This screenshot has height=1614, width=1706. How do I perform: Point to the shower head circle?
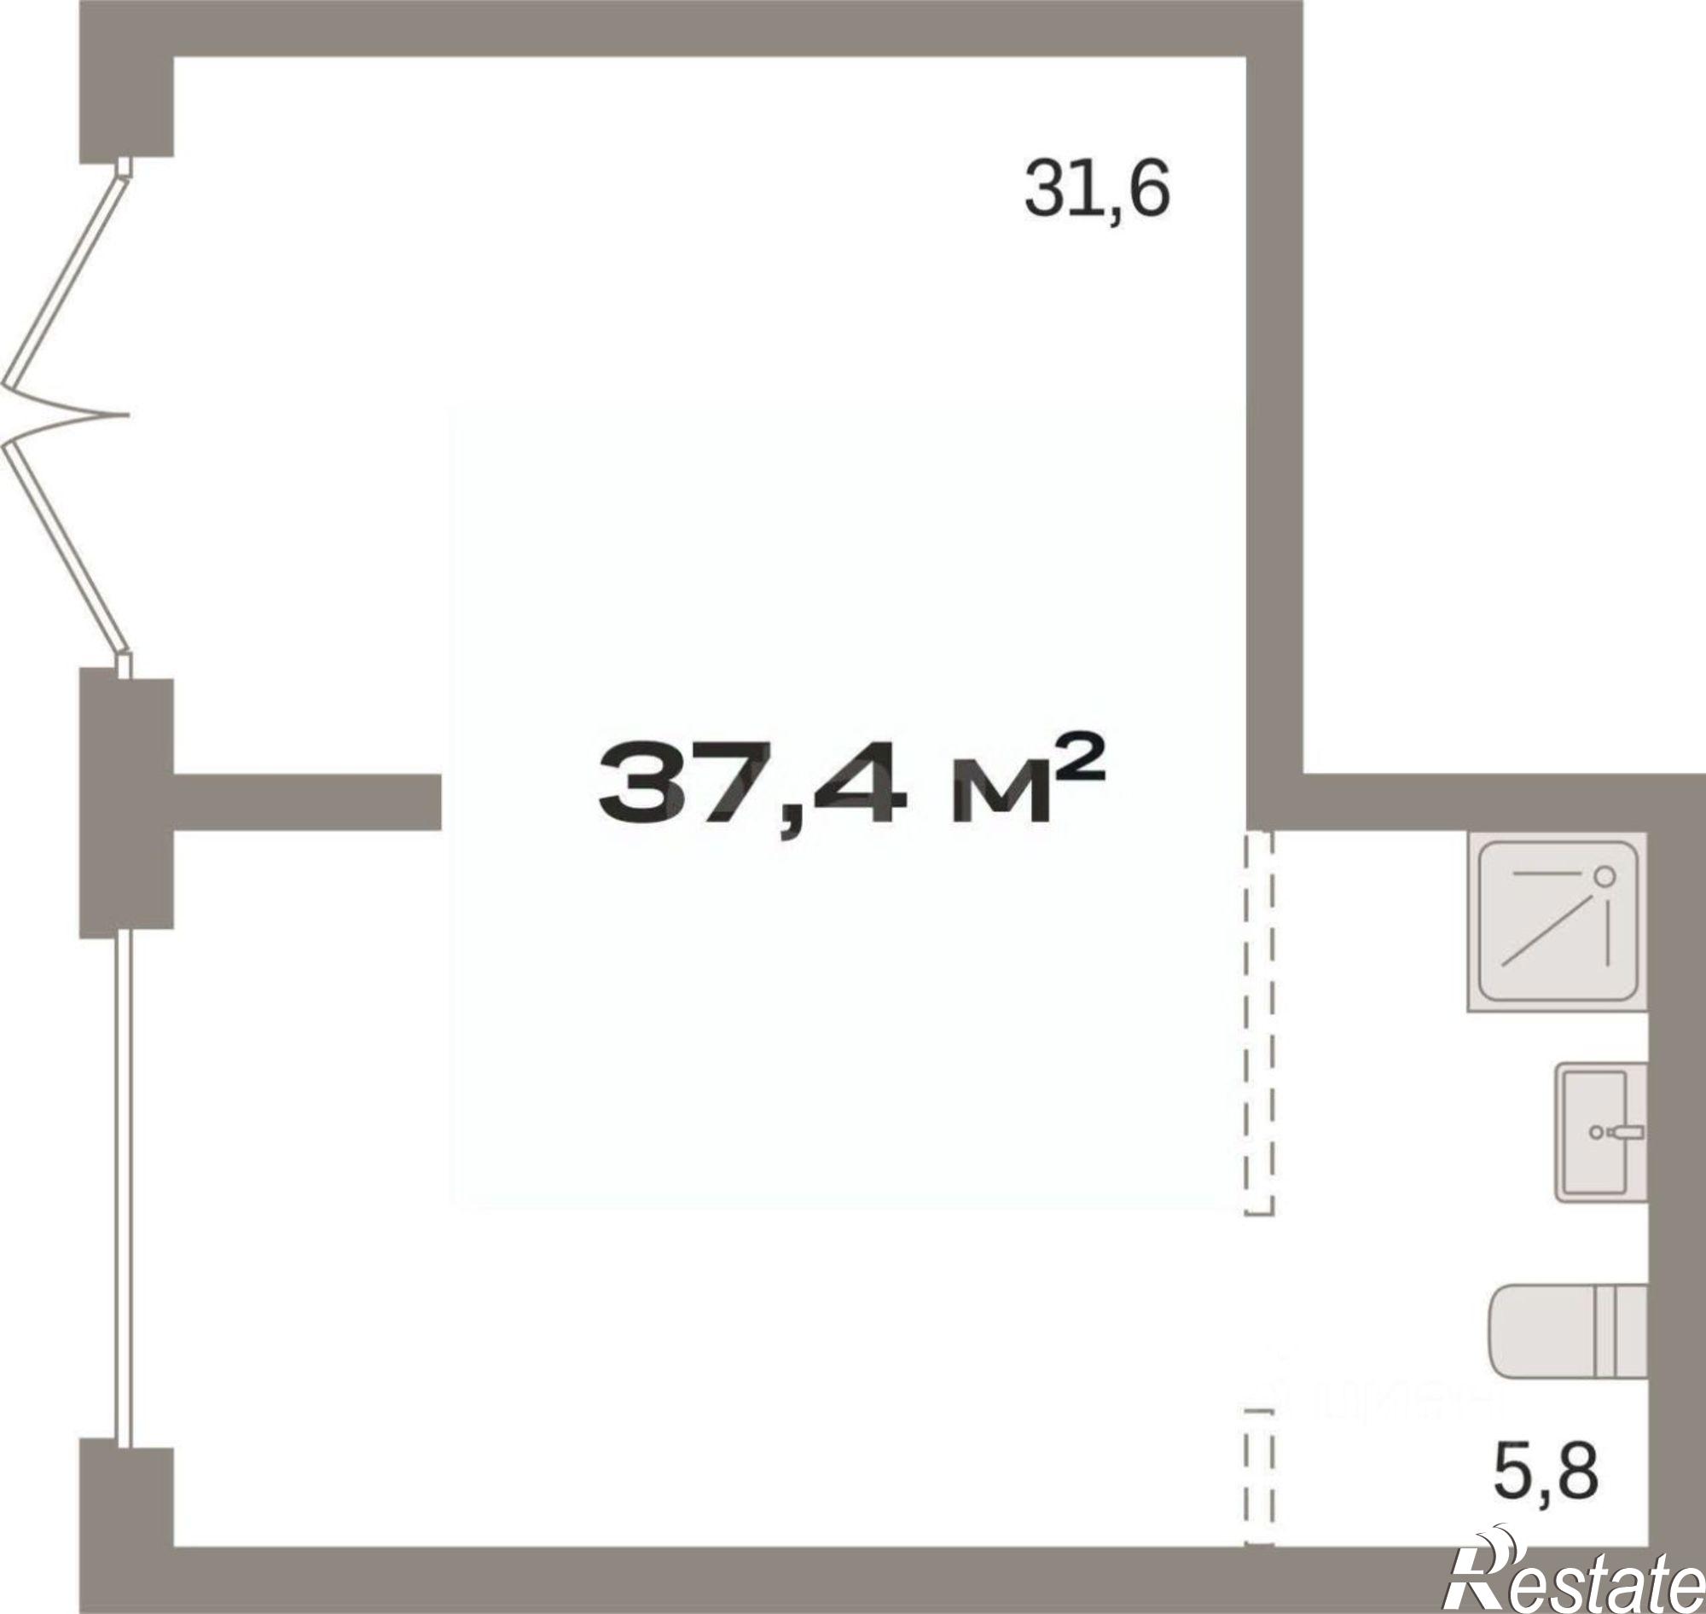point(1604,877)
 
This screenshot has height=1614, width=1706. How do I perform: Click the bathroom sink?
point(1601,1136)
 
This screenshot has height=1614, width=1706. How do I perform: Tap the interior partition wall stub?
point(307,802)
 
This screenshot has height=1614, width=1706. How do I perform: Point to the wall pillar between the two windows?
point(126,805)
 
